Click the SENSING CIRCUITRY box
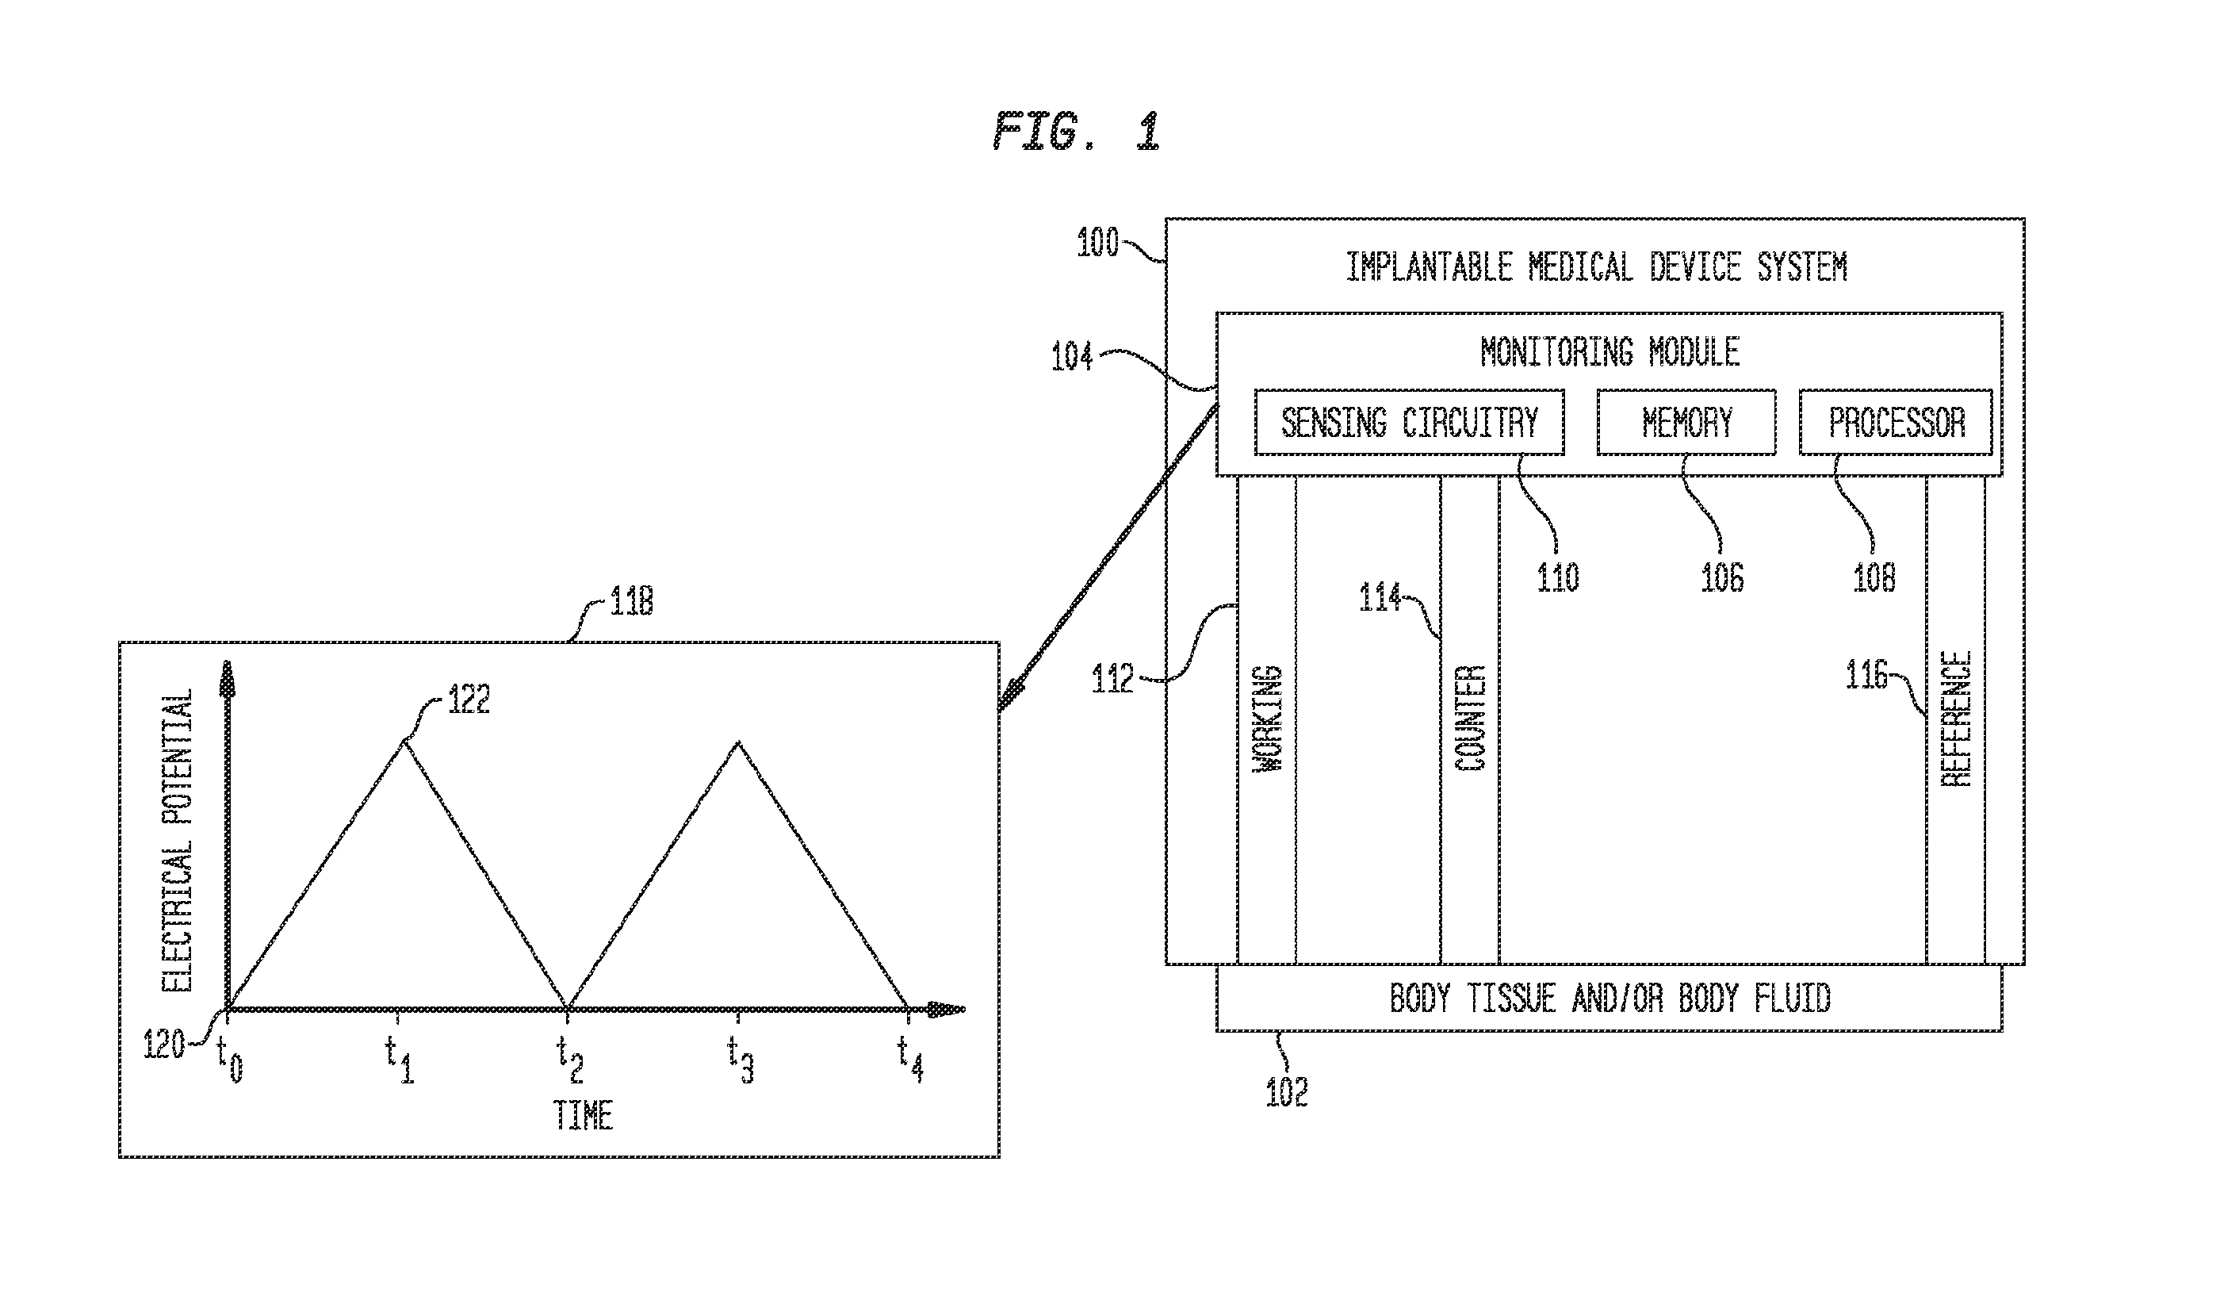pyautogui.click(x=1409, y=422)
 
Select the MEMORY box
pyautogui.click(x=1686, y=422)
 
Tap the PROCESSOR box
pyautogui.click(x=1896, y=422)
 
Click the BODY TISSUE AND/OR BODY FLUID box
pyautogui.click(x=1609, y=998)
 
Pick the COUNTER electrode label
pyautogui.click(x=1469, y=719)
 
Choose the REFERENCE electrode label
pyautogui.click(x=1957, y=719)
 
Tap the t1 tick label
pyautogui.click(x=399, y=1059)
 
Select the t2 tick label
pyautogui.click(x=569, y=1059)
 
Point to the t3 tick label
pyautogui.click(x=740, y=1059)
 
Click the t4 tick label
pyautogui.click(x=910, y=1059)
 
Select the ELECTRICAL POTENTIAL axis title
pyautogui.click(x=177, y=841)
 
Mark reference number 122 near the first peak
pyautogui.click(x=469, y=699)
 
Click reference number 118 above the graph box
pyautogui.click(x=632, y=601)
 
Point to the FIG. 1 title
pyautogui.click(x=1076, y=132)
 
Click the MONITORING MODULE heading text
pyautogui.click(x=1609, y=351)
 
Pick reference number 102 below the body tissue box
pyautogui.click(x=1286, y=1092)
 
